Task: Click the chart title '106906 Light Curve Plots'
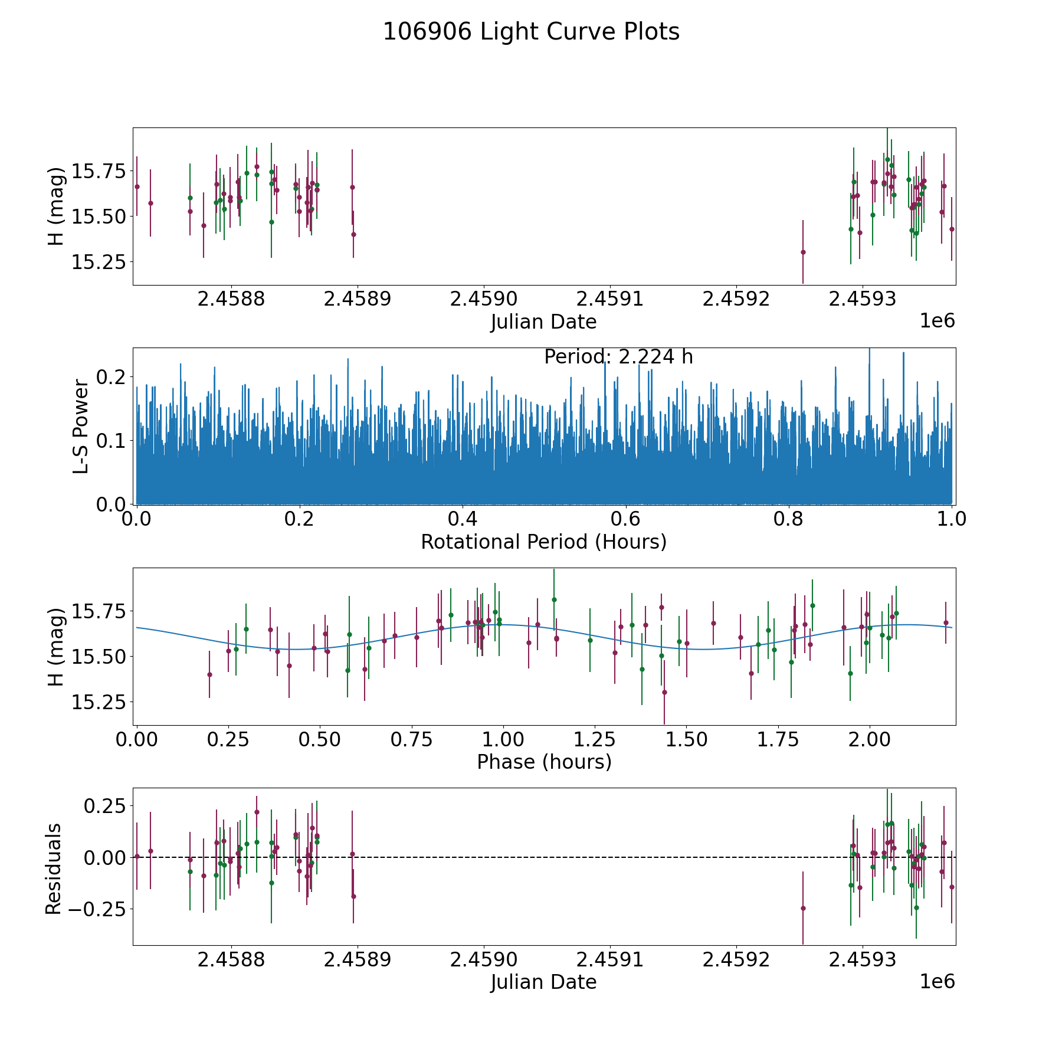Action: pos(531,32)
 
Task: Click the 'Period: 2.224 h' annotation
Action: pos(618,357)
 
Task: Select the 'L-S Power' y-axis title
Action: pos(81,427)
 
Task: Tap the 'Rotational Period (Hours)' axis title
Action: pos(543,542)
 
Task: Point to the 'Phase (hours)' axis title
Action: pos(544,762)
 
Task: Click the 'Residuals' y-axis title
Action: pos(54,868)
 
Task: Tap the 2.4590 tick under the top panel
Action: pos(483,299)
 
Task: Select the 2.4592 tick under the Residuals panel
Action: pos(736,960)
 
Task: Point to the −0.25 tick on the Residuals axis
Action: pos(97,909)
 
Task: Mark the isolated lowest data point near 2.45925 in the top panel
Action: pos(803,252)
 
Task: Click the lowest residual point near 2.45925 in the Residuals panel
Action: pos(803,908)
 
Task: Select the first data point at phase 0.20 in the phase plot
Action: pos(209,674)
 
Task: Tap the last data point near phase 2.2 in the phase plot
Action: pos(946,622)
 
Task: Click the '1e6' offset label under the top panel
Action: pos(937,321)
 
